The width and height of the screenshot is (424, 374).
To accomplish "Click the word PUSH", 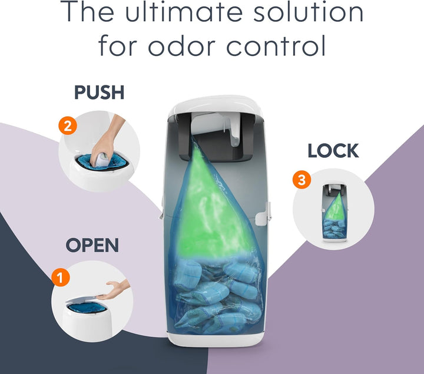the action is click(99, 92).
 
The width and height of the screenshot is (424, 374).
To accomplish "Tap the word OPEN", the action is click(92, 245).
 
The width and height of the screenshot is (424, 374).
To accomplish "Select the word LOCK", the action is click(333, 151).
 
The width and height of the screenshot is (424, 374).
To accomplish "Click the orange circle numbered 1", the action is click(61, 277).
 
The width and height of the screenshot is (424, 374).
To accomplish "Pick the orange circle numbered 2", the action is click(68, 126).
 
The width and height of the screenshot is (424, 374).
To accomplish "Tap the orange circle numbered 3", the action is click(302, 180).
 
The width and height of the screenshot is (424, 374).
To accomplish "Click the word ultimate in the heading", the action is click(184, 12).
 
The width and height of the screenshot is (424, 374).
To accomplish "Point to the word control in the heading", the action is click(276, 45).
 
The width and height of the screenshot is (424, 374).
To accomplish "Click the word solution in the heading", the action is click(308, 12).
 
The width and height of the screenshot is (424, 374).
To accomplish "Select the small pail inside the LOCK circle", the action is click(334, 212).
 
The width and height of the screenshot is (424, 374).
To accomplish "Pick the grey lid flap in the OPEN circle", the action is click(82, 298).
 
